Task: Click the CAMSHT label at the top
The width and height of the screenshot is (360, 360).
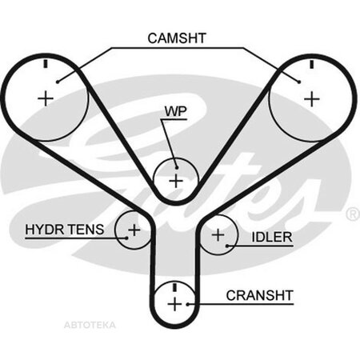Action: (x=177, y=38)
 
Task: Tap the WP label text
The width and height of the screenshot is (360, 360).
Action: (x=176, y=111)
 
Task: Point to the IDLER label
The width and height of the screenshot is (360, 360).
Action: (x=272, y=237)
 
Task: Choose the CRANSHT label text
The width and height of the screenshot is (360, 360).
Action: (x=260, y=295)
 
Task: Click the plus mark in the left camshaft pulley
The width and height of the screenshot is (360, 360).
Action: (x=46, y=99)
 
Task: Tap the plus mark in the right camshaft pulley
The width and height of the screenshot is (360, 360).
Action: (x=312, y=99)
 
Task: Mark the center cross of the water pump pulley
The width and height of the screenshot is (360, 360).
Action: (x=176, y=182)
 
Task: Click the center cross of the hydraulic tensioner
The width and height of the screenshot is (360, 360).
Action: (x=134, y=230)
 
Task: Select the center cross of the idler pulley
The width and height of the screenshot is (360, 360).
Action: (x=218, y=235)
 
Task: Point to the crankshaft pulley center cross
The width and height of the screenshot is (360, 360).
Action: (x=175, y=304)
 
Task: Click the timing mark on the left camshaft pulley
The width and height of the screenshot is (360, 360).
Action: (x=46, y=63)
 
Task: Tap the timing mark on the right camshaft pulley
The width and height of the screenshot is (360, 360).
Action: (x=311, y=64)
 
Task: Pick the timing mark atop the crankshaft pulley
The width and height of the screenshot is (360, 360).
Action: (x=175, y=287)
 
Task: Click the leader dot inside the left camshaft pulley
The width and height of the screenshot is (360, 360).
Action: (x=58, y=82)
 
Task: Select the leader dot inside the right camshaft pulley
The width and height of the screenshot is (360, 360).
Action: (x=299, y=82)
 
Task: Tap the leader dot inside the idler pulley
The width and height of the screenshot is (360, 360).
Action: (x=227, y=246)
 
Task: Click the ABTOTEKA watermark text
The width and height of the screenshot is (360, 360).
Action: (x=90, y=325)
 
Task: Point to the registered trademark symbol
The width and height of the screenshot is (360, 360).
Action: (x=353, y=214)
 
